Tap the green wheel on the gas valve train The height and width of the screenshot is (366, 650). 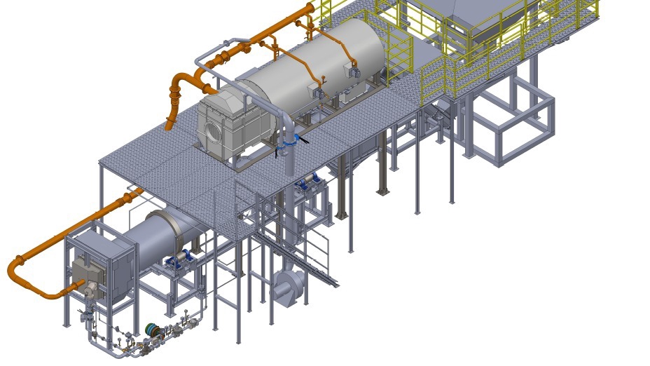[151, 330]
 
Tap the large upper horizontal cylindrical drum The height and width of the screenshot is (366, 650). [322, 63]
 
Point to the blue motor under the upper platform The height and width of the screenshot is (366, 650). [308, 183]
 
